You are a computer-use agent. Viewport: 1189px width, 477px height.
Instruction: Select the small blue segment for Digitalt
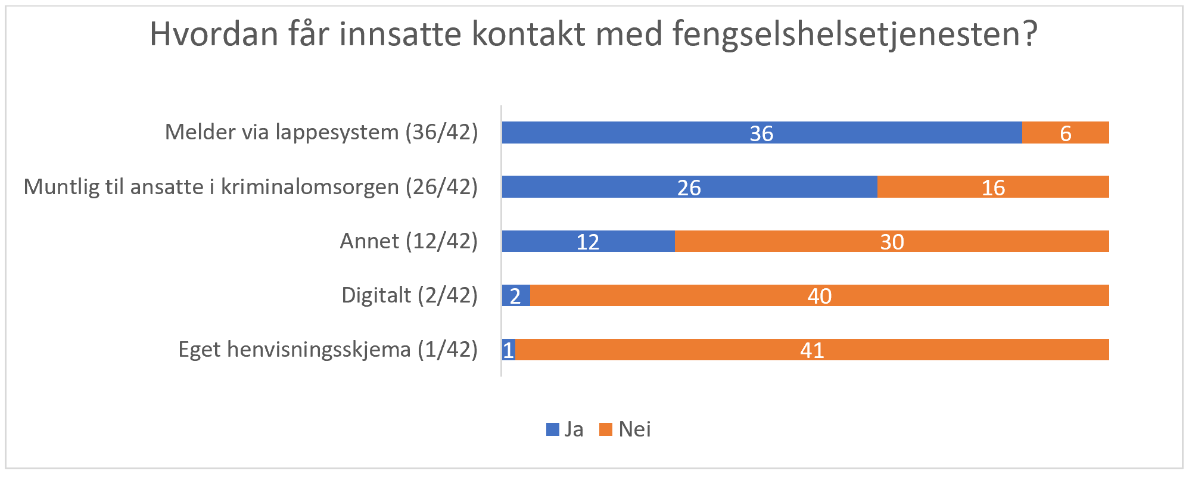pyautogui.click(x=516, y=295)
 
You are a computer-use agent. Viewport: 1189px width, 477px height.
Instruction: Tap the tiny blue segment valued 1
pyautogui.click(x=508, y=350)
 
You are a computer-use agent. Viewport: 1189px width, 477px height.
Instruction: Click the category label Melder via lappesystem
pyautogui.click(x=322, y=132)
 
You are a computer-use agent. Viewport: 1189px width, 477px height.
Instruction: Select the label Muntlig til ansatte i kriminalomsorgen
pyautogui.click(x=250, y=187)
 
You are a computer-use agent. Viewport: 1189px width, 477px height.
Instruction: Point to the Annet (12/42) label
pyautogui.click(x=409, y=241)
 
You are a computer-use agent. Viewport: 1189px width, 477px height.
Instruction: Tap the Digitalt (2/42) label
pyautogui.click(x=409, y=295)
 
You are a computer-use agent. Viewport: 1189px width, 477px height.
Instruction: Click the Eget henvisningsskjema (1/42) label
pyautogui.click(x=328, y=350)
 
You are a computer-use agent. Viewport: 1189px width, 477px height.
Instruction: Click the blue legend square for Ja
pyautogui.click(x=553, y=429)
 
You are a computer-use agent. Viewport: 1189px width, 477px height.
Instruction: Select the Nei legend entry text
pyautogui.click(x=634, y=429)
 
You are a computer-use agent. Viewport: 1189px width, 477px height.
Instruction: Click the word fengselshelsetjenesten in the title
pyautogui.click(x=855, y=35)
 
